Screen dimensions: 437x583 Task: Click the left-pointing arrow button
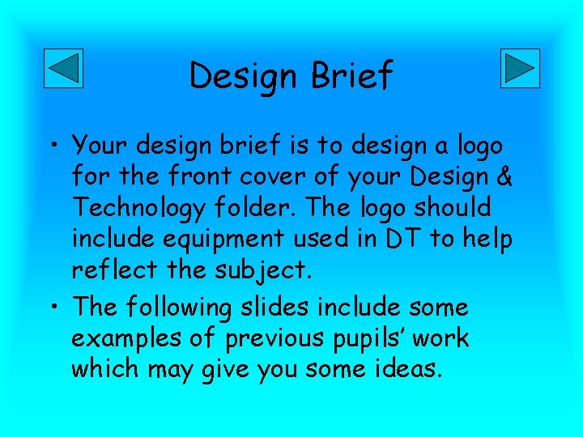point(62,68)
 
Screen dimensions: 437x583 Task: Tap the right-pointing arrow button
point(520,68)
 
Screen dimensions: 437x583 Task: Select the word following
point(196,308)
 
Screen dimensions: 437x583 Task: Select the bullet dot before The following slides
point(57,308)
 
